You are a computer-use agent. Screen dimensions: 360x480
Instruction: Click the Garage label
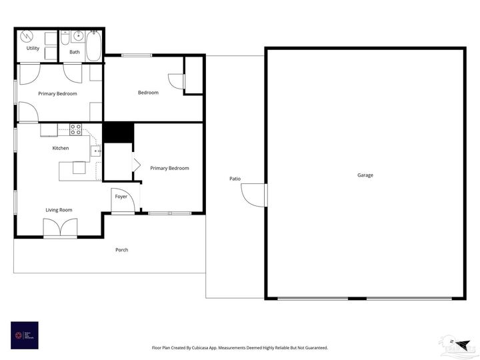pyautogui.click(x=365, y=175)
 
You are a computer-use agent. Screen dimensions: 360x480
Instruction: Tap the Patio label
pyautogui.click(x=235, y=179)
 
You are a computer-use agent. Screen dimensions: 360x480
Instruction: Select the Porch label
pyautogui.click(x=121, y=250)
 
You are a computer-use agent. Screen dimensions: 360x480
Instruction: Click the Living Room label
pyautogui.click(x=59, y=210)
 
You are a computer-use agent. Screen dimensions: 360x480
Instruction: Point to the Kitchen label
pyautogui.click(x=61, y=148)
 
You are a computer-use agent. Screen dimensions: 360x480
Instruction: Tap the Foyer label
pyautogui.click(x=121, y=197)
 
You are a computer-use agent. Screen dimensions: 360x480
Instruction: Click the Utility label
pyautogui.click(x=33, y=49)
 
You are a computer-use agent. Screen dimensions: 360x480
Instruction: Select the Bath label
pyautogui.click(x=75, y=52)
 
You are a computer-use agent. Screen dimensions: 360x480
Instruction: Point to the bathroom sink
pyautogui.click(x=77, y=35)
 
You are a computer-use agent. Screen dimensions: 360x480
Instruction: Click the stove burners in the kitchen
pyautogui.click(x=75, y=129)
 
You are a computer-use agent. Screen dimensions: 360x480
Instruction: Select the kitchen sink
pyautogui.click(x=96, y=151)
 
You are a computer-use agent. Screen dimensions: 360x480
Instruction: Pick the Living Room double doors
pyautogui.click(x=59, y=228)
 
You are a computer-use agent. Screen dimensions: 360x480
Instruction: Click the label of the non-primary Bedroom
pyautogui.click(x=148, y=93)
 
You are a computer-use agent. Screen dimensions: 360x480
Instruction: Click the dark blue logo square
pyautogui.click(x=25, y=335)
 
